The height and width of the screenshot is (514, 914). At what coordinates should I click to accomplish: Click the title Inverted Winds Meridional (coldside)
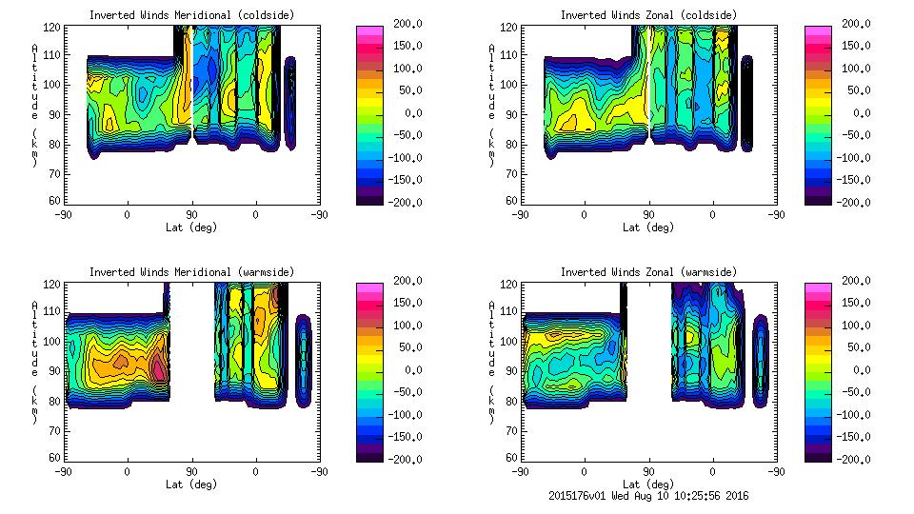(x=191, y=15)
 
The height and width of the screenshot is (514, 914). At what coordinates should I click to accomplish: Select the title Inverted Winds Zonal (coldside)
(x=647, y=15)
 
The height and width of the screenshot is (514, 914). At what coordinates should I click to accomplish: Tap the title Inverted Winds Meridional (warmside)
(x=191, y=272)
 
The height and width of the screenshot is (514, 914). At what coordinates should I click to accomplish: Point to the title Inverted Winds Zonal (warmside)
(x=647, y=272)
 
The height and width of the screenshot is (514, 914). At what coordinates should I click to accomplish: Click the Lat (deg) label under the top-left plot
(x=191, y=227)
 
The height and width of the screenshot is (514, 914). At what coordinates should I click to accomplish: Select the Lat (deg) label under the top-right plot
(x=647, y=227)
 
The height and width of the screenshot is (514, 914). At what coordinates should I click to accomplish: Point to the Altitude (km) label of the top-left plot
(x=34, y=105)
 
